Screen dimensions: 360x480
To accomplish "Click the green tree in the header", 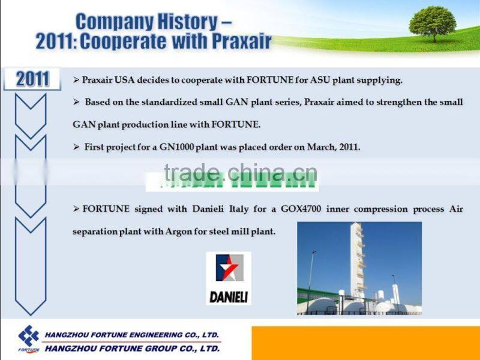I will (433, 23).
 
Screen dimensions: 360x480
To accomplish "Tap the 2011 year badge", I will (32, 79).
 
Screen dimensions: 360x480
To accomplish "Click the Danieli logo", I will (229, 278).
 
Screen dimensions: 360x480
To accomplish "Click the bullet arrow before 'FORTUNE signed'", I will (76, 209).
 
